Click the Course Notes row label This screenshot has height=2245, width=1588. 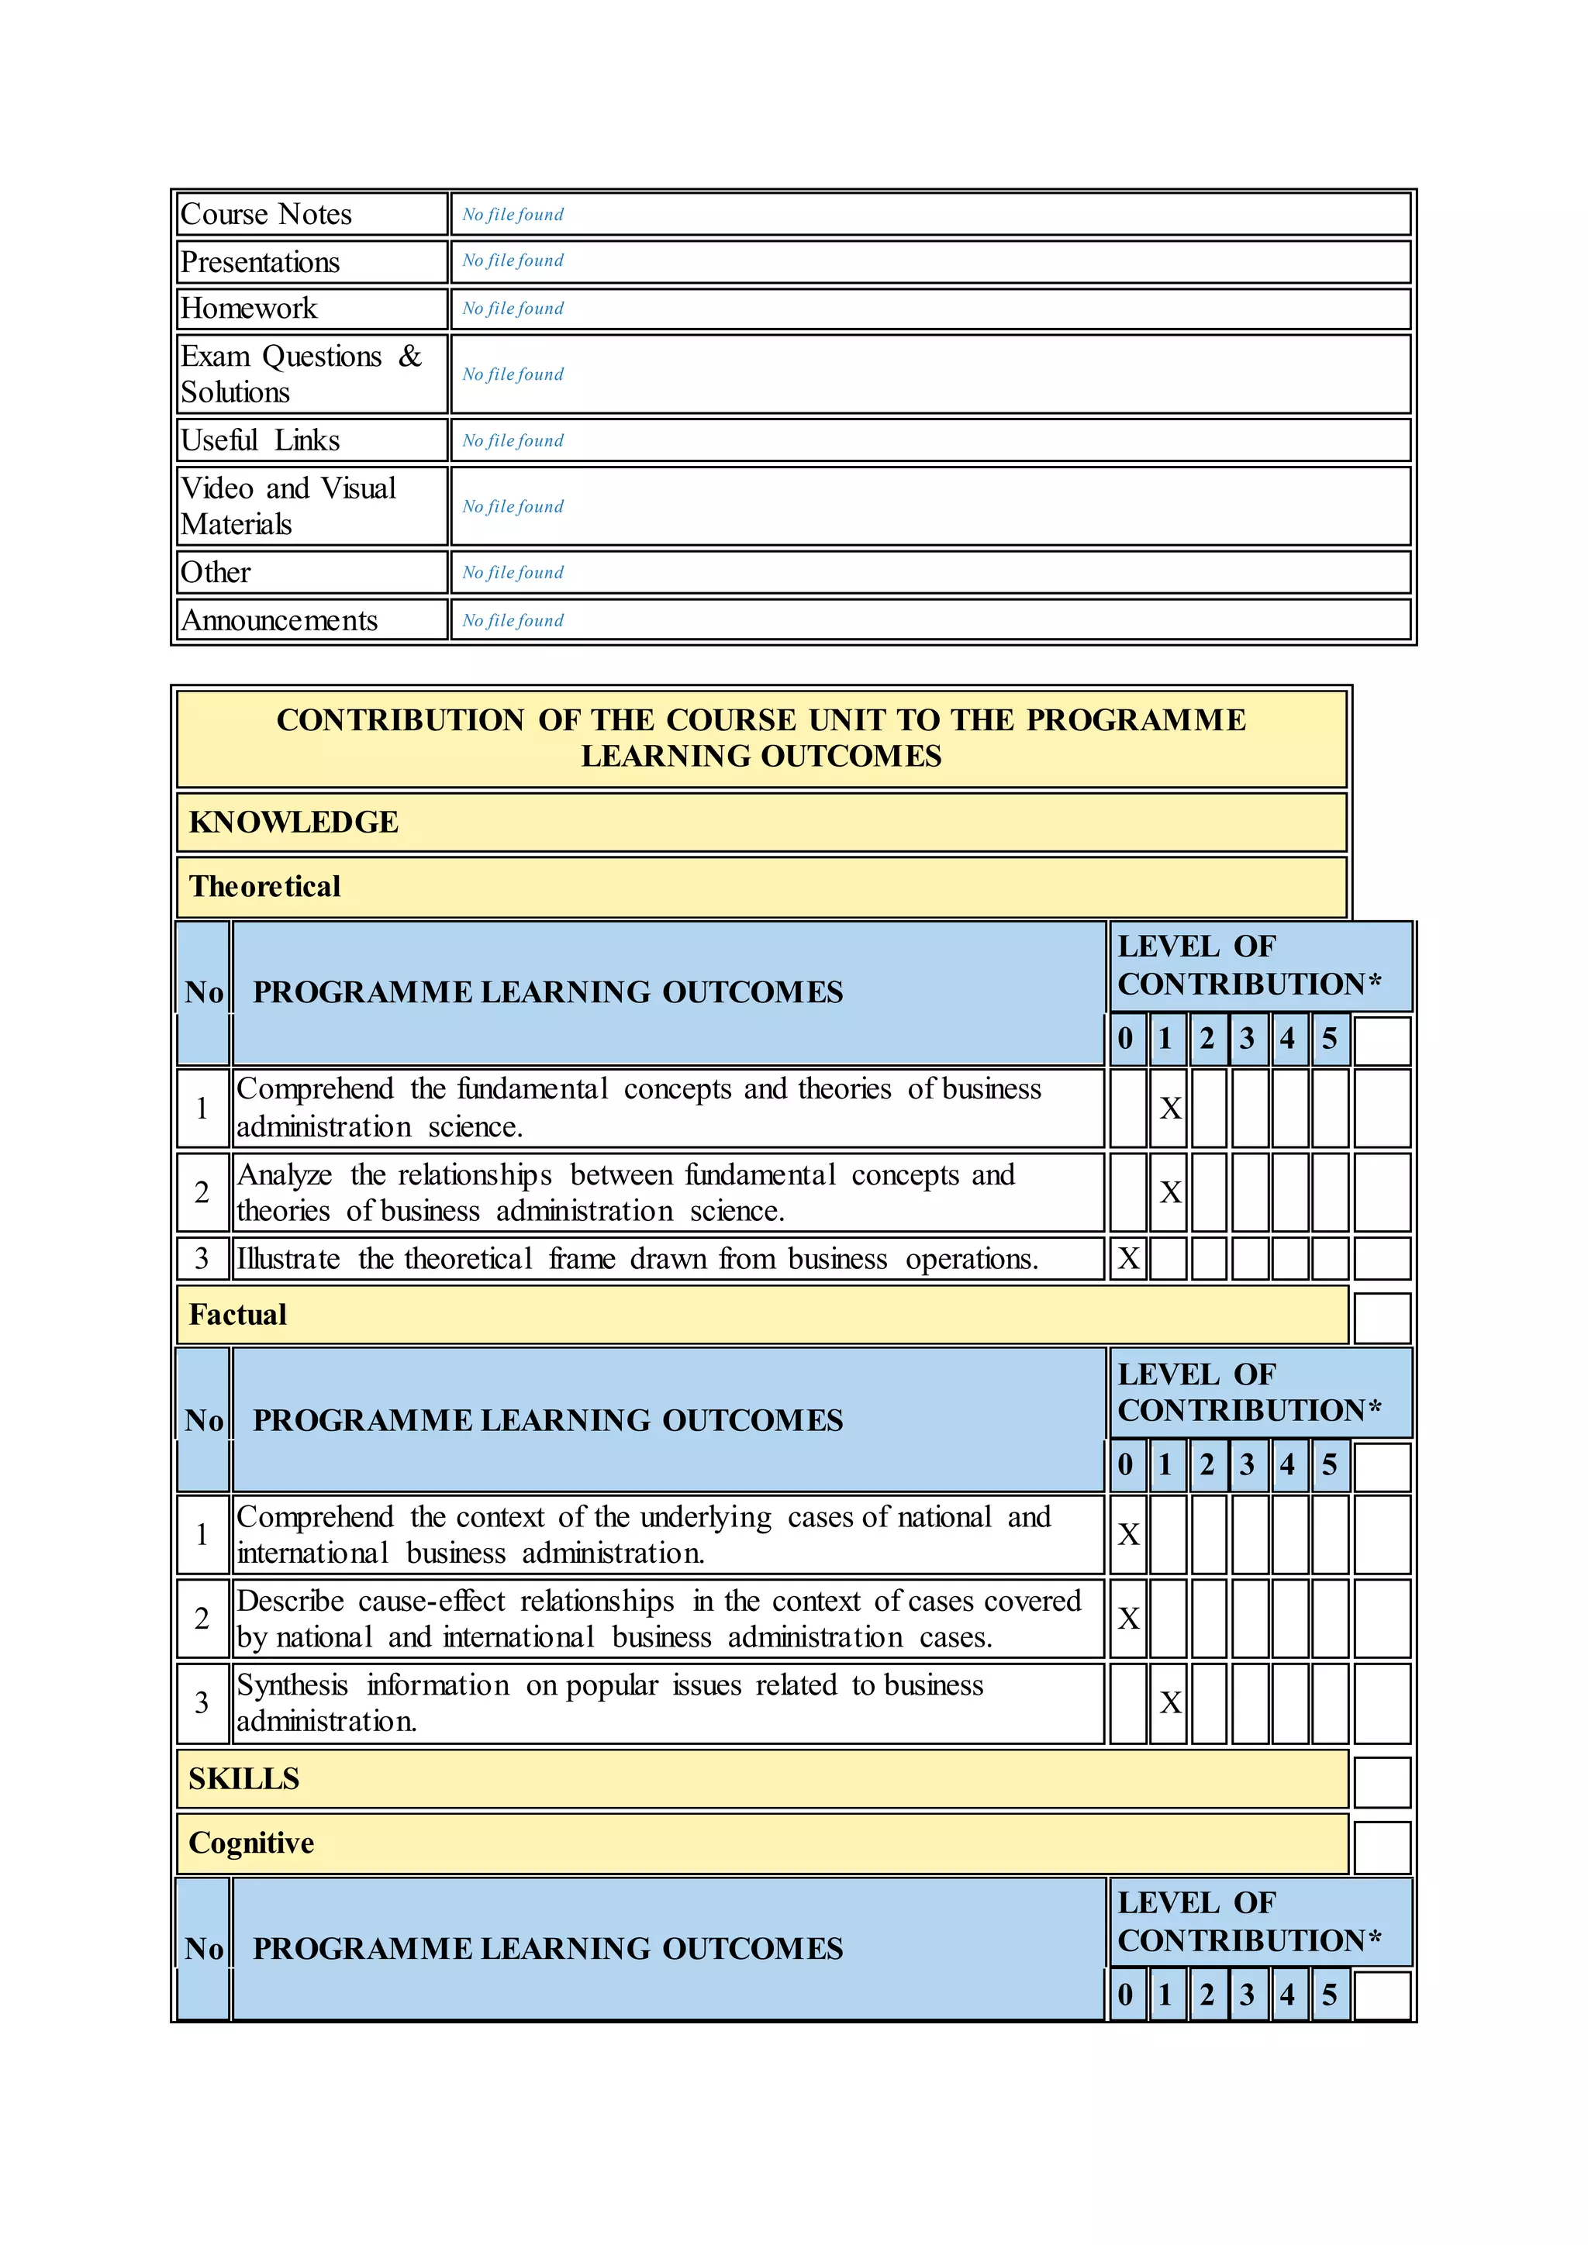(x=266, y=214)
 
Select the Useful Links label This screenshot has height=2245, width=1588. (x=260, y=440)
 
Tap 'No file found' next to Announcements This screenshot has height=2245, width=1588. (x=513, y=621)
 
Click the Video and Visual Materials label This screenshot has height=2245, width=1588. (x=288, y=505)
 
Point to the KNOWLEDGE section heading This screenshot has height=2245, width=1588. (x=293, y=822)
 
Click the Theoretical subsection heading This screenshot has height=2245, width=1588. (x=265, y=887)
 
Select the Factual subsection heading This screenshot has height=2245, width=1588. (x=237, y=1315)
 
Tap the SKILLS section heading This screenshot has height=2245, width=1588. (x=243, y=1778)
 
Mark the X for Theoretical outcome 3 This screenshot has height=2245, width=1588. (x=1127, y=1258)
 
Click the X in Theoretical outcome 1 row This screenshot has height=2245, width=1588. (x=1169, y=1108)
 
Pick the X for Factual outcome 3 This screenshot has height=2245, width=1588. (x=1169, y=1702)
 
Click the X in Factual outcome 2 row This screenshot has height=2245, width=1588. (x=1127, y=1618)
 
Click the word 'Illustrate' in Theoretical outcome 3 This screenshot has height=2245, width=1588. (x=288, y=1258)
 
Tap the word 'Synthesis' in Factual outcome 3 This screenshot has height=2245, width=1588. (x=292, y=1685)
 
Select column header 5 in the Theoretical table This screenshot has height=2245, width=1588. (x=1329, y=1039)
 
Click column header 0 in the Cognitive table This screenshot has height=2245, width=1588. (x=1126, y=1994)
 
